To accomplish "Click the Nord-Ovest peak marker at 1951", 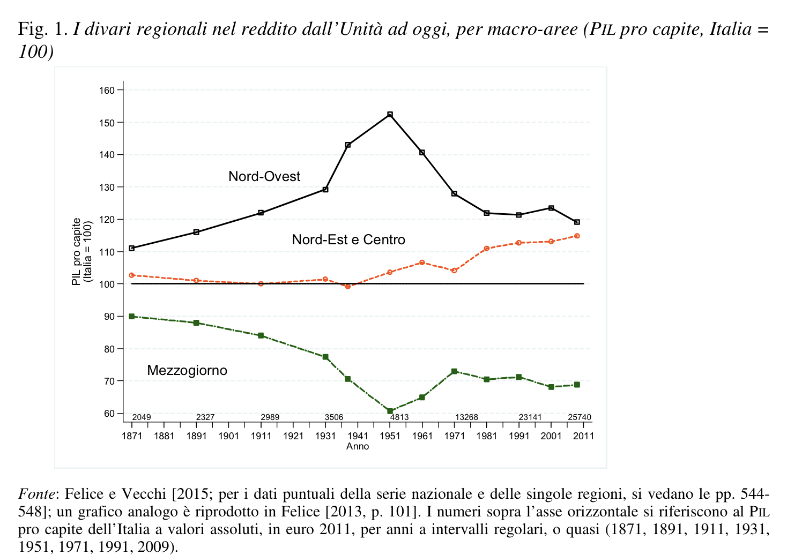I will tap(390, 115).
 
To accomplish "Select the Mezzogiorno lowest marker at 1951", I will tap(390, 411).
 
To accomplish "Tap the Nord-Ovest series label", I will tap(264, 176).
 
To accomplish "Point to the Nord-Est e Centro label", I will tap(348, 239).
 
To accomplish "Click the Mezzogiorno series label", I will tap(187, 370).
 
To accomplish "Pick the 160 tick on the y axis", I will tap(108, 90).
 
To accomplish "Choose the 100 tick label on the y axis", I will tap(108, 284).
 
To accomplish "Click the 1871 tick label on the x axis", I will tap(132, 436).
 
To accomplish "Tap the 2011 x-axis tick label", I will tap(583, 436).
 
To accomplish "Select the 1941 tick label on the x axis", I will tap(358, 436).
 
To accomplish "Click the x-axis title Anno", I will tap(358, 446).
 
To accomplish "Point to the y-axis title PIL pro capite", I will tap(77, 251).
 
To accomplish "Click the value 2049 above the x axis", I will tap(142, 417).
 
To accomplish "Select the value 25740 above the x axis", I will tap(580, 417).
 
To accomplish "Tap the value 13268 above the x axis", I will tap(466, 417).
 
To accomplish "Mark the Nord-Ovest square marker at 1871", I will tap(132, 248).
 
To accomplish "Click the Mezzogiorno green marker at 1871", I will tap(132, 316).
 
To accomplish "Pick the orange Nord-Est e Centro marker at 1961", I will tap(422, 262).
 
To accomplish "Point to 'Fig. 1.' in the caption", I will tap(42, 28).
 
